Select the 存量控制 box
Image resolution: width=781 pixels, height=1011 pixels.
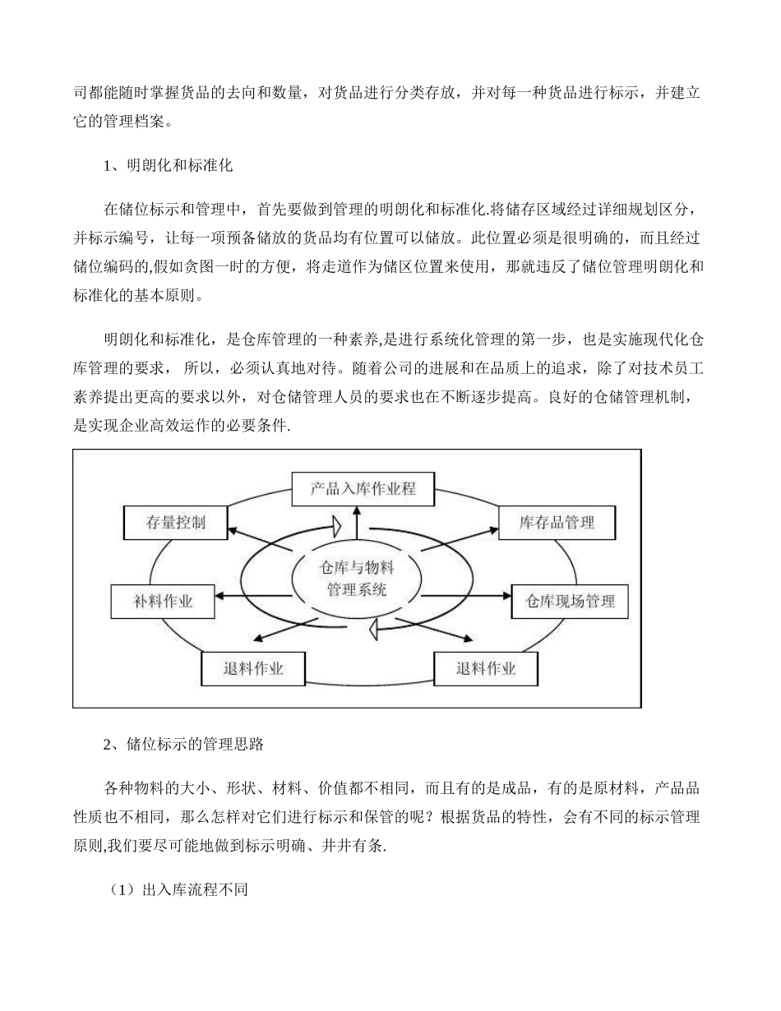tap(175, 522)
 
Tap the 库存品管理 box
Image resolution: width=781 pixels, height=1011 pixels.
tap(557, 522)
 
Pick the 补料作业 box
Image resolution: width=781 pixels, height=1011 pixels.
tap(163, 601)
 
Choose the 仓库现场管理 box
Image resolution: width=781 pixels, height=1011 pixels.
tap(570, 601)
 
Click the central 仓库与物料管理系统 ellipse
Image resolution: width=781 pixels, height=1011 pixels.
tap(356, 579)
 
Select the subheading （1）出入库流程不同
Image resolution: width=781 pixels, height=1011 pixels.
tap(178, 889)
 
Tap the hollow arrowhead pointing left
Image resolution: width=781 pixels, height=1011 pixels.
tap(372, 629)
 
